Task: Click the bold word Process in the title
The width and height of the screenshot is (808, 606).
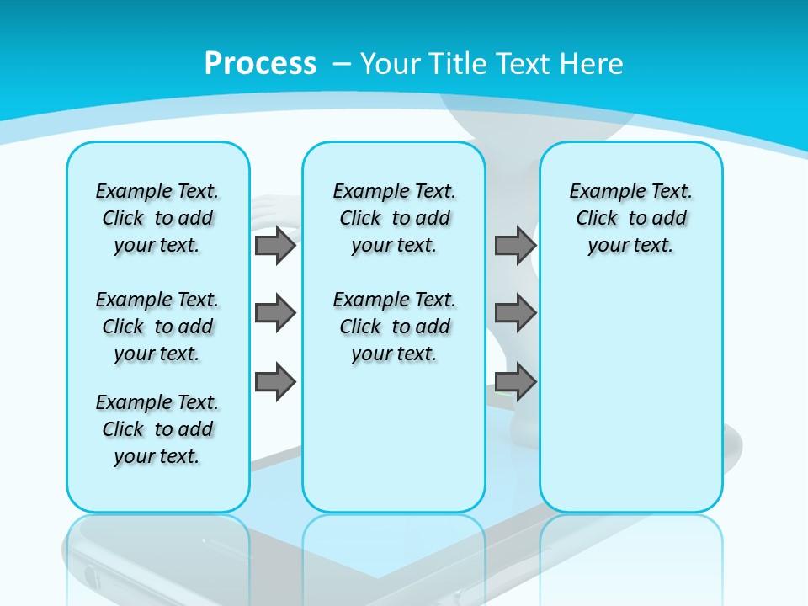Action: [x=260, y=64]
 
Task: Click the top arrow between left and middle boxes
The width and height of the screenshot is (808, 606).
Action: [x=275, y=246]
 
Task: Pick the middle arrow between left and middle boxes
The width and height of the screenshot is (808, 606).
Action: [x=275, y=313]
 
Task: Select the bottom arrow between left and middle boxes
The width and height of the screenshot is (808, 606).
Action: [x=275, y=382]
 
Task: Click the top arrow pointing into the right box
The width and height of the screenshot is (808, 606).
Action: [x=515, y=246]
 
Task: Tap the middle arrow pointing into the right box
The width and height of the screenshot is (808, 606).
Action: [x=515, y=313]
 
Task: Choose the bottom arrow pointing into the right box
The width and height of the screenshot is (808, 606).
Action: [x=515, y=382]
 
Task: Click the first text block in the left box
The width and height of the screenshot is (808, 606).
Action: [x=157, y=218]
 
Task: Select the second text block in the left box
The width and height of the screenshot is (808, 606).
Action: [x=157, y=327]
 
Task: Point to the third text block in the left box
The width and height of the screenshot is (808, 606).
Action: [x=157, y=429]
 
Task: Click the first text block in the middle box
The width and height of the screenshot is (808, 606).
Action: [x=394, y=218]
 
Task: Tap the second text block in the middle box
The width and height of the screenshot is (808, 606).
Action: [x=394, y=327]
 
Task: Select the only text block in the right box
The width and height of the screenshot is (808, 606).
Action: [x=630, y=218]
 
